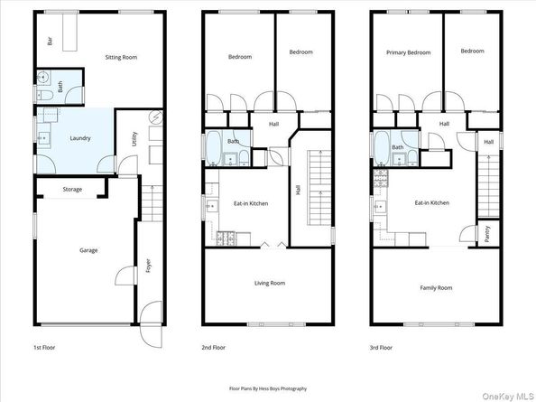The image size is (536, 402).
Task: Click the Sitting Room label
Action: [121, 57]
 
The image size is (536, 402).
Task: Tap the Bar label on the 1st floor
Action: [51, 41]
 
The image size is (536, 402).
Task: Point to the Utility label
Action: [133, 138]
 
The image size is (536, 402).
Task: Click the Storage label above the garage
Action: [72, 190]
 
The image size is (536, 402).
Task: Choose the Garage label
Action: [88, 250]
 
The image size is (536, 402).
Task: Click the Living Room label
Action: [267, 283]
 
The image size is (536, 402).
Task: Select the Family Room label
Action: [436, 287]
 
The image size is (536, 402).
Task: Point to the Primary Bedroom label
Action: [408, 51]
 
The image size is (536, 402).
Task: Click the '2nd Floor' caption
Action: [214, 347]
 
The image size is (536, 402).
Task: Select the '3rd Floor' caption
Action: [380, 347]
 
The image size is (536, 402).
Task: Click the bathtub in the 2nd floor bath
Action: [213, 148]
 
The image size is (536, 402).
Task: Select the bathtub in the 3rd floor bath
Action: [381, 149]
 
